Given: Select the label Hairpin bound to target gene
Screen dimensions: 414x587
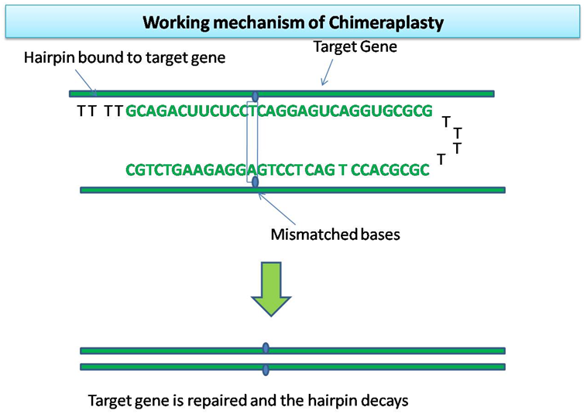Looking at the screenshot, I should [x=125, y=58].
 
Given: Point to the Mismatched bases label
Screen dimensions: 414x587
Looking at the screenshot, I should [x=335, y=233].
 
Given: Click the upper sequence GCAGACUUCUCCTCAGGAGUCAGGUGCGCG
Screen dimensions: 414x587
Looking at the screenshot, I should [x=279, y=111].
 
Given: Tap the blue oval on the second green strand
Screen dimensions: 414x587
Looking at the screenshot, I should [x=255, y=187].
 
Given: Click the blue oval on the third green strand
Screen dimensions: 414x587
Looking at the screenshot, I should [x=266, y=349].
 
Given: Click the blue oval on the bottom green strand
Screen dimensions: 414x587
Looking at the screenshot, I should [x=266, y=367].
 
